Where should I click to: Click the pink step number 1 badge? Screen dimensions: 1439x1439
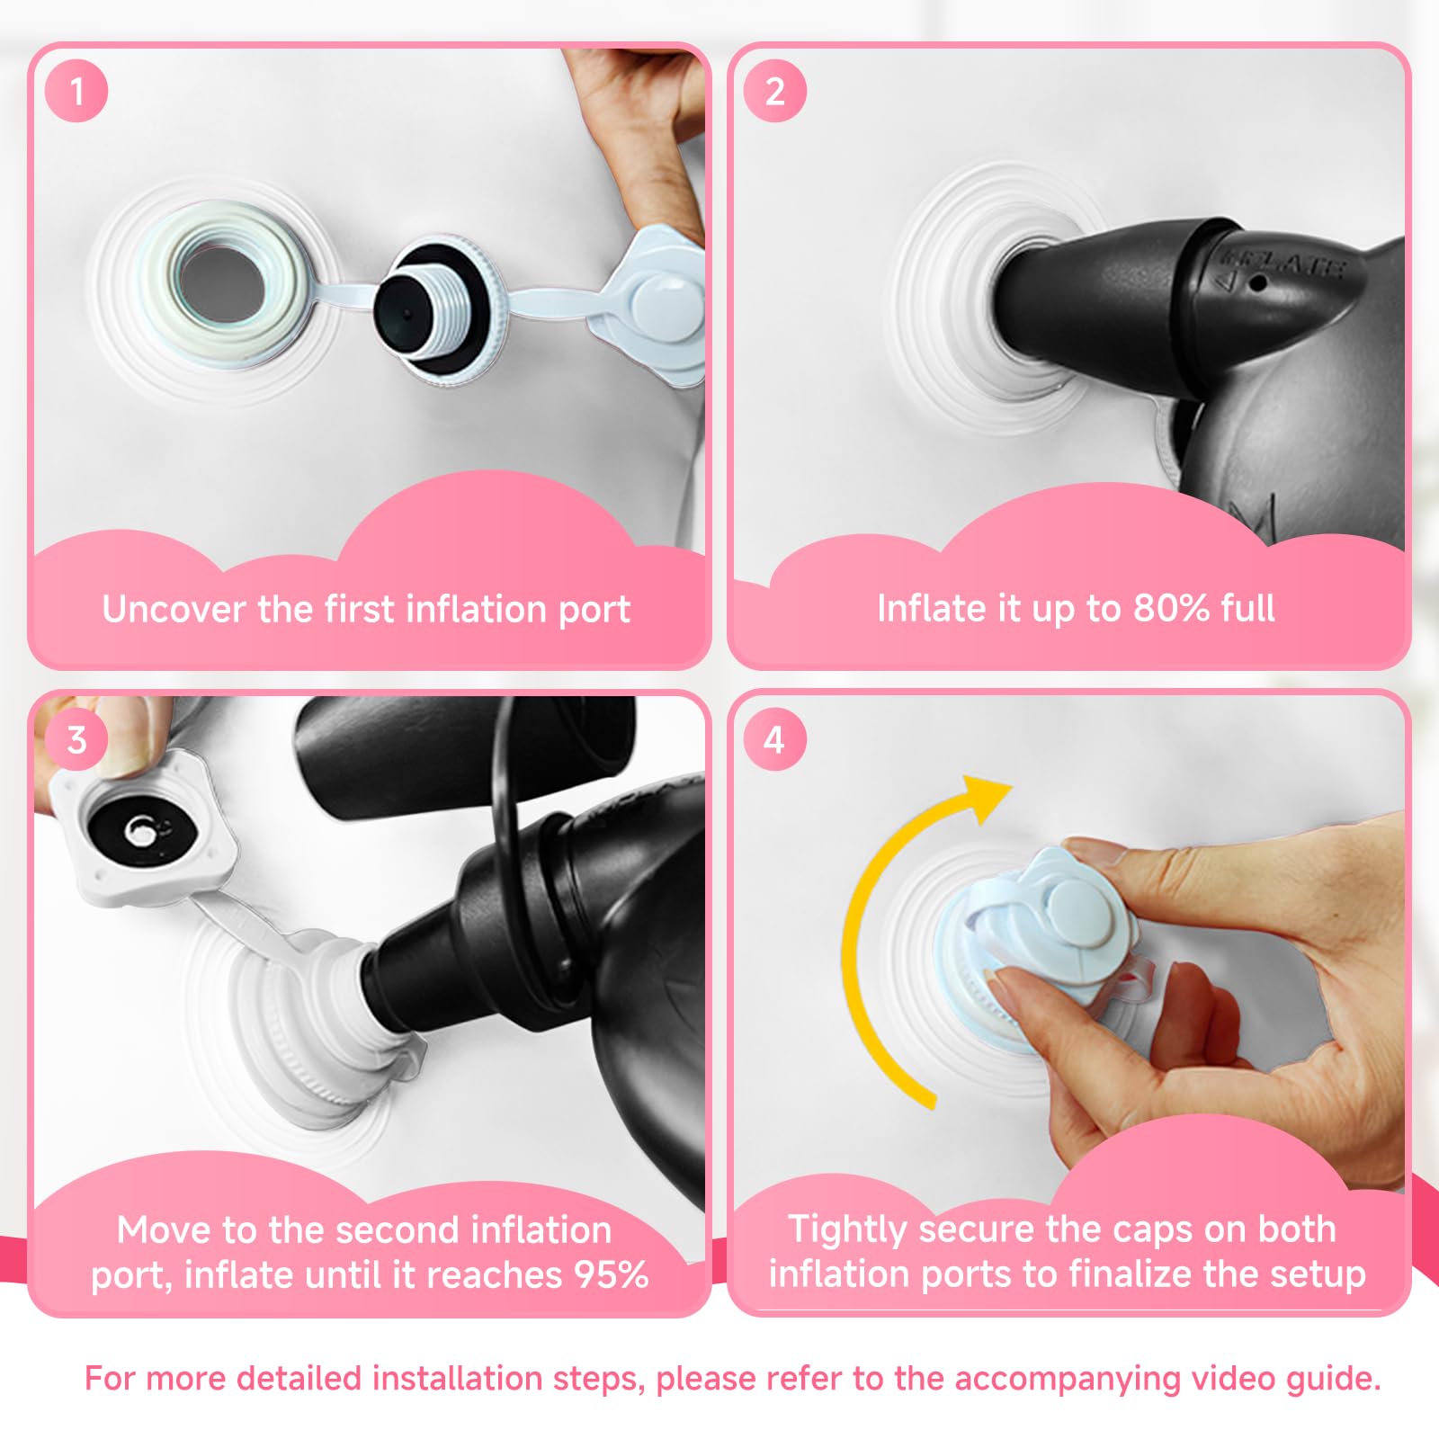[76, 91]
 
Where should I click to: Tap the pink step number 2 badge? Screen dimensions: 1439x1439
[774, 91]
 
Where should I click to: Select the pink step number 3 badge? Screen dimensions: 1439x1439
[76, 739]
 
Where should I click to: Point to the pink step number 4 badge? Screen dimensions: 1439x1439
[774, 739]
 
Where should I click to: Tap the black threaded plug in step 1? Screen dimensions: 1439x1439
[432, 304]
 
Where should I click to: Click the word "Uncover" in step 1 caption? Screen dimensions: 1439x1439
[174, 609]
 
